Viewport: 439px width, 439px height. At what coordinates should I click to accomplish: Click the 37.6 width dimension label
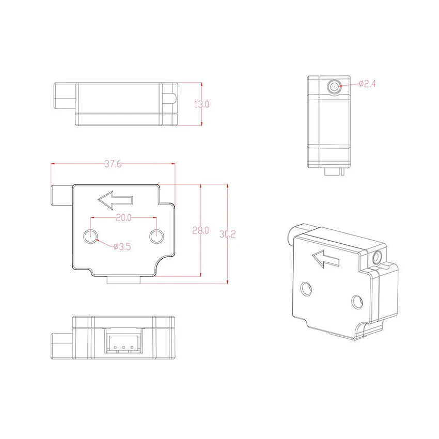tap(113, 164)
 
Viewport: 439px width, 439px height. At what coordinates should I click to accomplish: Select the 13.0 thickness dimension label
tap(201, 104)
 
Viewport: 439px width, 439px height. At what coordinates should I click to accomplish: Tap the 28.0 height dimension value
tap(200, 230)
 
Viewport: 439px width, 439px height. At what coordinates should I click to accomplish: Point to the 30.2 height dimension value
tap(227, 234)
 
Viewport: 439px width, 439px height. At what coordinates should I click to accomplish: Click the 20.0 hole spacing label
tap(123, 218)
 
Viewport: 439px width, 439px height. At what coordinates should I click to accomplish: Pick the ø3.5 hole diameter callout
tap(122, 247)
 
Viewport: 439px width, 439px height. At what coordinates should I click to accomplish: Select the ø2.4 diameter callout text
tap(367, 84)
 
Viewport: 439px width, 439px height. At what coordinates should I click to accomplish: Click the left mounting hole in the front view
tap(90, 237)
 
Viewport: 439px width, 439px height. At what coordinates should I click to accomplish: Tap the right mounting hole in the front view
tap(156, 237)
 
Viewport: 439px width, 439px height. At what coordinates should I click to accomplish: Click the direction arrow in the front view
tap(115, 200)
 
